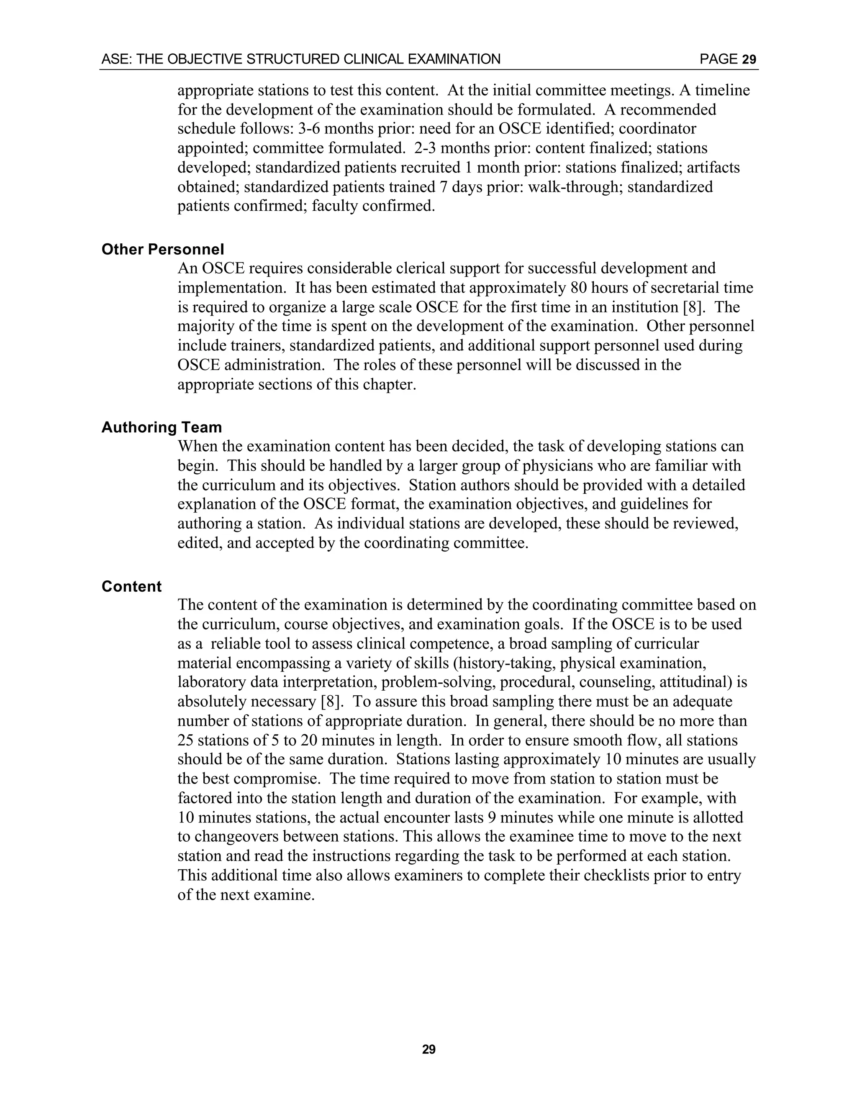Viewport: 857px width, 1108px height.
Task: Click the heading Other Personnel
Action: [162, 249]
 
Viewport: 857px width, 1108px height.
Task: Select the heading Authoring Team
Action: [162, 427]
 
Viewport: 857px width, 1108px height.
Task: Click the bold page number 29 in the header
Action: [749, 60]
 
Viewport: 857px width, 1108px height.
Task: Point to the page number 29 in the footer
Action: [428, 1049]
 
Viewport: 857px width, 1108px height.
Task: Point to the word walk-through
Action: [575, 187]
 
